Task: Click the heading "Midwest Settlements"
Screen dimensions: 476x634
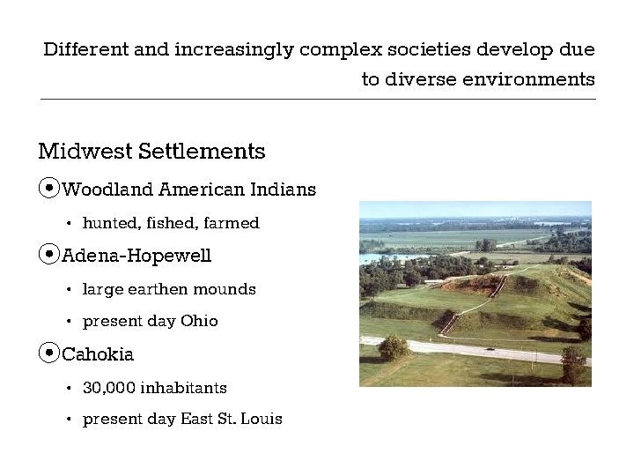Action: point(151,152)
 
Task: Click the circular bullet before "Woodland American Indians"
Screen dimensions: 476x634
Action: point(49,189)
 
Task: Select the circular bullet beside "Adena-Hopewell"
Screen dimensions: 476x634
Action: point(49,256)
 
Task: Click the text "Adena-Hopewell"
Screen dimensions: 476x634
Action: point(136,257)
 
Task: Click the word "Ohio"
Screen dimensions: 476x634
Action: point(199,321)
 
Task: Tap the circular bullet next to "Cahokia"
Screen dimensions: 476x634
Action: point(49,354)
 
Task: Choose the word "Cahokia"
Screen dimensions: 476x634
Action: point(98,354)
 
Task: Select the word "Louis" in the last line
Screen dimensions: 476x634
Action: point(262,419)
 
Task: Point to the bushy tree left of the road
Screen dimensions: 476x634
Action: point(393,346)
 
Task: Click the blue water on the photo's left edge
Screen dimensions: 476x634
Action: point(367,258)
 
